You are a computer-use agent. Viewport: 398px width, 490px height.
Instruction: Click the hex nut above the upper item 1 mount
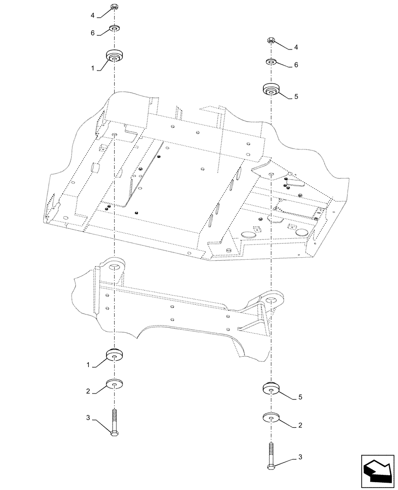point(114,7)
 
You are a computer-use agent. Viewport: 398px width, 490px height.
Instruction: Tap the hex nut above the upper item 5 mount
point(271,40)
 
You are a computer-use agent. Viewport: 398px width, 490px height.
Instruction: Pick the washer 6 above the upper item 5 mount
point(271,62)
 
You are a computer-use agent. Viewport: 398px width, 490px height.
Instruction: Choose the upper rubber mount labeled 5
point(271,90)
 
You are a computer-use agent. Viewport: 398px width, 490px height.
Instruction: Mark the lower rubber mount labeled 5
point(271,387)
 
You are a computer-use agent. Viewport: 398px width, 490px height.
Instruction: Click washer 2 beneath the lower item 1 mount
point(114,383)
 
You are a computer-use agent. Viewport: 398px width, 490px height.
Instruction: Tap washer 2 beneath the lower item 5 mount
point(271,417)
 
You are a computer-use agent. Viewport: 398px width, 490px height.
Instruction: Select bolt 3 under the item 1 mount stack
point(114,422)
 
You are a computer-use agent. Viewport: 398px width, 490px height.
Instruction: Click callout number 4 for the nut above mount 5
point(296,48)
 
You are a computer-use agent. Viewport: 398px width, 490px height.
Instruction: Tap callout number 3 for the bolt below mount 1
point(88,417)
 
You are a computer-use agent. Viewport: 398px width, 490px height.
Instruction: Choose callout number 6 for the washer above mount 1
point(92,34)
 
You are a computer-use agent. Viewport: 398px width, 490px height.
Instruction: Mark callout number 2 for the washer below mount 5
point(299,426)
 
